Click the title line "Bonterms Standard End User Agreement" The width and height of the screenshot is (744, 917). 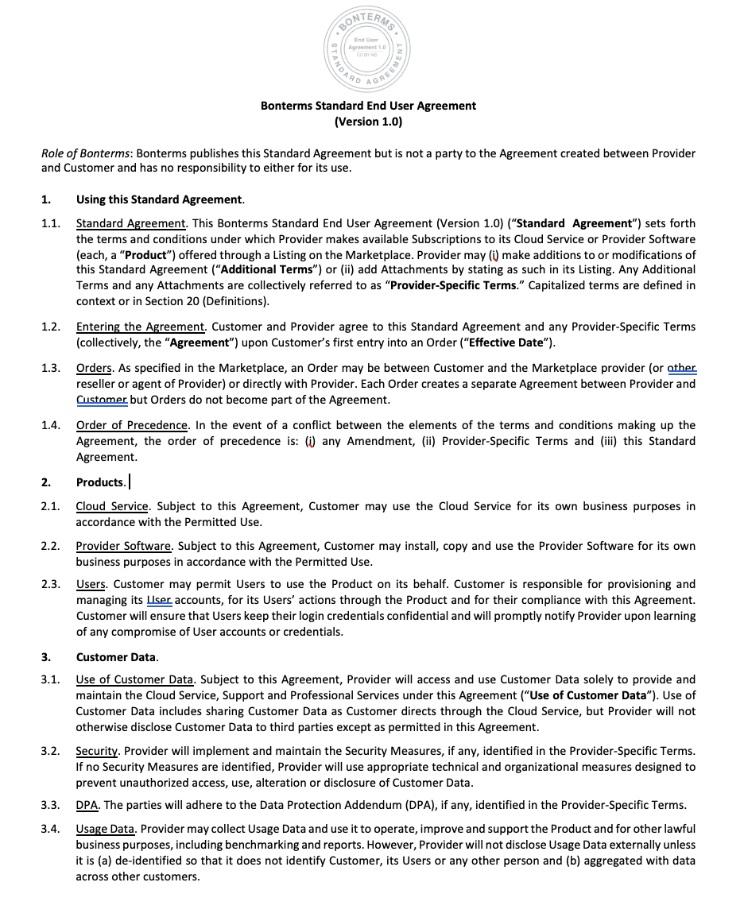click(x=368, y=106)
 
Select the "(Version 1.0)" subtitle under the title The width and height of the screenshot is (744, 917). click(x=368, y=122)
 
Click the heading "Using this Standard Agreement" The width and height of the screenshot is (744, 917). click(x=159, y=199)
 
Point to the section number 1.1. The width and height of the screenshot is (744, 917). click(x=51, y=223)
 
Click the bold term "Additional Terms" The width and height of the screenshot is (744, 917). click(x=265, y=270)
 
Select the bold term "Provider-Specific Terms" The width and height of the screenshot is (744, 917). click(x=453, y=286)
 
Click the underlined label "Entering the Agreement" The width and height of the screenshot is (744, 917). click(x=141, y=327)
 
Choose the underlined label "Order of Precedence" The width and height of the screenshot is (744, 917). click(x=132, y=425)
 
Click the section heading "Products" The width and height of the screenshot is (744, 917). click(x=100, y=482)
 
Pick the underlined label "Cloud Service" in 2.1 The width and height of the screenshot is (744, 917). click(x=112, y=506)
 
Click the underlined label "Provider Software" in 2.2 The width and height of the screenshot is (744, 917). click(x=123, y=546)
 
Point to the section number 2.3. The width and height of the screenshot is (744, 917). click(x=51, y=584)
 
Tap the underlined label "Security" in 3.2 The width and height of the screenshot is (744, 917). click(x=97, y=751)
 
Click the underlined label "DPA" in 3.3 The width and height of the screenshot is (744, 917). click(x=87, y=805)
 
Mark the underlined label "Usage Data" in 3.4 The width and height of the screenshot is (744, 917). click(x=105, y=829)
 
